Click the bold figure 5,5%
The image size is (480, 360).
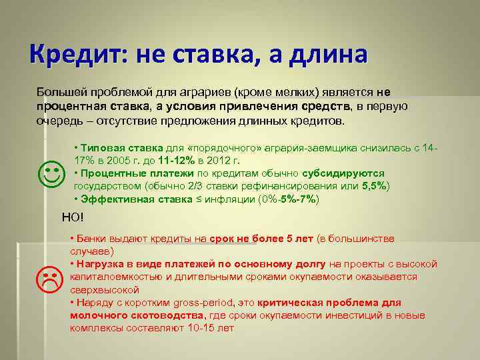(375, 185)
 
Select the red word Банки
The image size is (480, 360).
(89, 239)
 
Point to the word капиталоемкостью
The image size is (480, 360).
(113, 277)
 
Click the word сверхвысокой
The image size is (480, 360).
(104, 289)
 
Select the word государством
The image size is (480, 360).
(105, 185)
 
